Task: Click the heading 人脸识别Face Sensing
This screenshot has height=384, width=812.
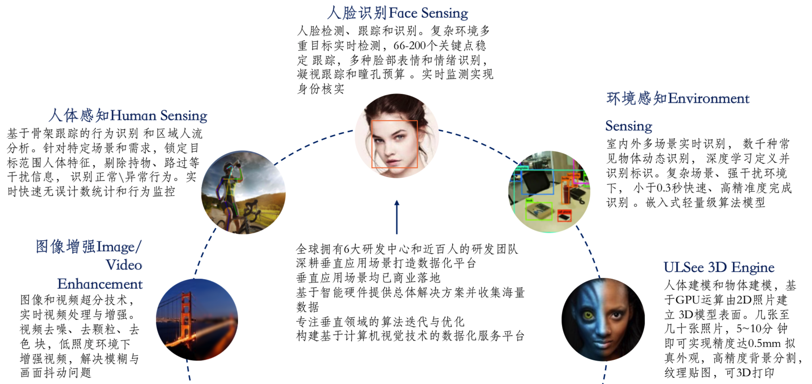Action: [397, 13]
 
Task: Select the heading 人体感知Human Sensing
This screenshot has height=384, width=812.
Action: [128, 115]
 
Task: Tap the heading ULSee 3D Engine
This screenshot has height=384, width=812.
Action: [719, 267]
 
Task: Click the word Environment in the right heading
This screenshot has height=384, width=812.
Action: [709, 98]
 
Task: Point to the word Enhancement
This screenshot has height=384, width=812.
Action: [100, 284]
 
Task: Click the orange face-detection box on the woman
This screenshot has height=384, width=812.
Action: [394, 144]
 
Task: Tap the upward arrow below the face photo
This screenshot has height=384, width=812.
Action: [396, 217]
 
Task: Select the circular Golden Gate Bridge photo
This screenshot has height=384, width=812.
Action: [197, 320]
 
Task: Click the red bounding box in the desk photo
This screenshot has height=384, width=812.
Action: [564, 215]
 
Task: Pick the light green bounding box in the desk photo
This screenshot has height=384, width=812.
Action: [539, 211]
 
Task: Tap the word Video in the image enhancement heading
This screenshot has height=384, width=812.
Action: [124, 265]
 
